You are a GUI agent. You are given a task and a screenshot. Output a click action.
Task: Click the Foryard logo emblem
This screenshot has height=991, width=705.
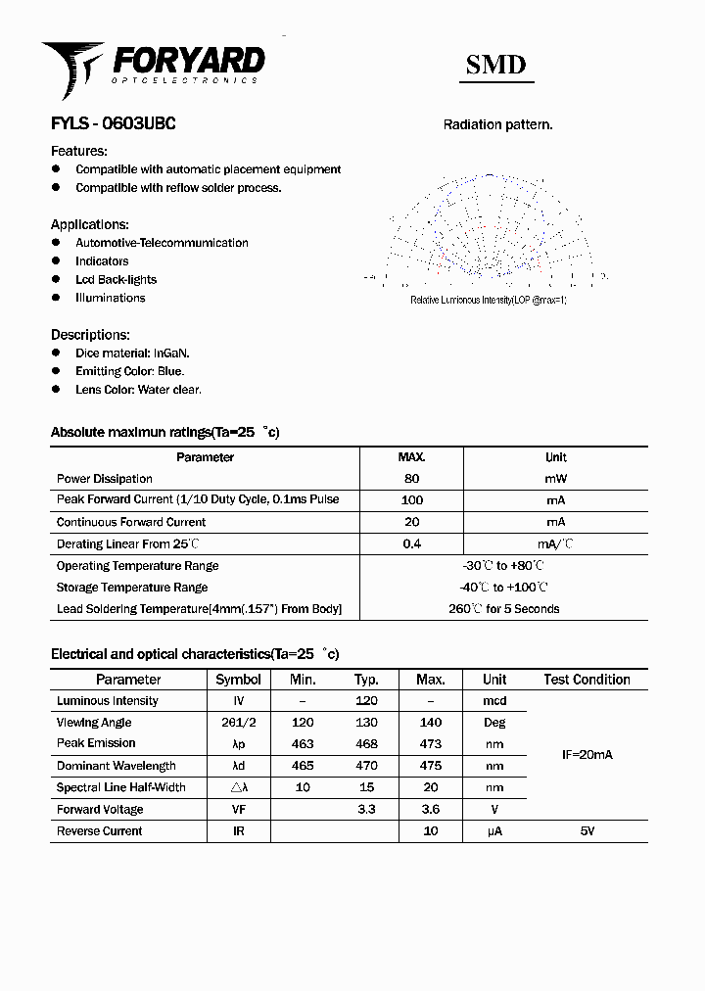click(x=70, y=67)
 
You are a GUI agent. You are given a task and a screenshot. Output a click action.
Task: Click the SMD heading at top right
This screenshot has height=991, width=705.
click(x=495, y=66)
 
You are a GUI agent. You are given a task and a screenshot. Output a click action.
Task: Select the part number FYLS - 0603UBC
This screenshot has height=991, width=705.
click(x=113, y=124)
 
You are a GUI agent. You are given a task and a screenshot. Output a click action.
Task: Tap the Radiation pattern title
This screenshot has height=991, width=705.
click(x=497, y=124)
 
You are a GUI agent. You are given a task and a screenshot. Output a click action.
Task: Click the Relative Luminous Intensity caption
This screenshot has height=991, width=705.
click(x=488, y=300)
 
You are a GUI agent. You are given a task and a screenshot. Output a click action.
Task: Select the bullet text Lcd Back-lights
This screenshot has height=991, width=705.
click(x=116, y=280)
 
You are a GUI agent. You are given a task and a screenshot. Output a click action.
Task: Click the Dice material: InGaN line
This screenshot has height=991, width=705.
click(x=132, y=353)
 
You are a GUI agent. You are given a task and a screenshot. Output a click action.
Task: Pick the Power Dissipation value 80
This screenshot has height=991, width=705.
click(x=411, y=479)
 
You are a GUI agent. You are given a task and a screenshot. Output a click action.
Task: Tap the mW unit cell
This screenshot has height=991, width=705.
click(x=555, y=479)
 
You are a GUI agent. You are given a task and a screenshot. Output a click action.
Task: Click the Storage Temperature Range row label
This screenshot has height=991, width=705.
click(x=132, y=588)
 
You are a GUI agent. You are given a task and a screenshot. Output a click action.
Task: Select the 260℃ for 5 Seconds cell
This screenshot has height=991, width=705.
click(x=503, y=609)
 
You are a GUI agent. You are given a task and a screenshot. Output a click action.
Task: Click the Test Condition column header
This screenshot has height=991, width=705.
click(x=587, y=680)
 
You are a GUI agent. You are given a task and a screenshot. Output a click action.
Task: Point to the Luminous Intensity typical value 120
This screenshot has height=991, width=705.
click(x=366, y=701)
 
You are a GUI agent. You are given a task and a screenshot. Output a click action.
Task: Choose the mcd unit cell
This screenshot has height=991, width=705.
click(x=494, y=701)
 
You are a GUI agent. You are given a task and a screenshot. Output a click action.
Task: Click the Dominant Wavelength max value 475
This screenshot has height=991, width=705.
click(x=430, y=766)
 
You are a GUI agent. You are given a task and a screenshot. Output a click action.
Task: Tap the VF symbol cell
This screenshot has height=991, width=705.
click(x=238, y=810)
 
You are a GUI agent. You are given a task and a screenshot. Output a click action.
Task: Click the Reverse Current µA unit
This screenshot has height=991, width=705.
click(x=494, y=831)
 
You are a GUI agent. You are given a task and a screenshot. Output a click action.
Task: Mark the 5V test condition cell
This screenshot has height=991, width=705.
click(x=587, y=831)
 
